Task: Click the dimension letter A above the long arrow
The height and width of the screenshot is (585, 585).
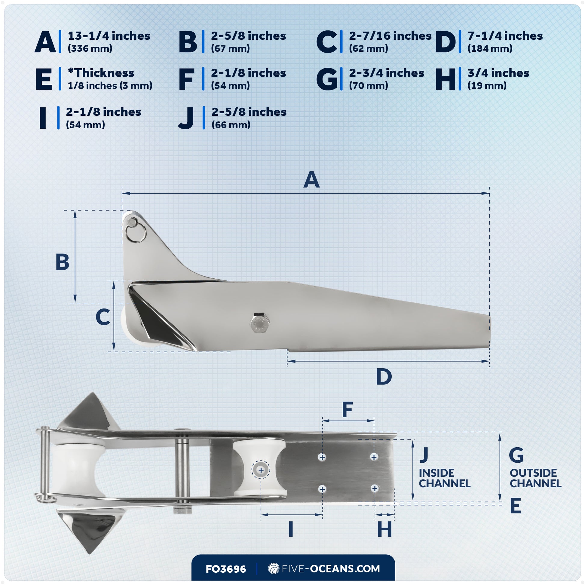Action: pos(311,180)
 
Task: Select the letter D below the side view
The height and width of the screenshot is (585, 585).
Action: pos(384,377)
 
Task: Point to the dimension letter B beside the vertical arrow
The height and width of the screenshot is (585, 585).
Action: pos(62,262)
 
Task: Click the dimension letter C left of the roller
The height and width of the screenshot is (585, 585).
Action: pos(103,317)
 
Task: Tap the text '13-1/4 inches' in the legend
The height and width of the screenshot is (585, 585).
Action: pos(109,36)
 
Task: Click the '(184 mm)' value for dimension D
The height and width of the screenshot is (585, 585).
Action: pos(490,48)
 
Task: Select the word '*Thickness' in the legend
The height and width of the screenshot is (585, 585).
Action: pos(101,73)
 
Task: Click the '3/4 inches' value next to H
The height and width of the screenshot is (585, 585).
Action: pos(498,73)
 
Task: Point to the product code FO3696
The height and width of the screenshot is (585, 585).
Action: pos(225,569)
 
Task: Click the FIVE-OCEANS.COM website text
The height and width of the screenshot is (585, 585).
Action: pos(330,569)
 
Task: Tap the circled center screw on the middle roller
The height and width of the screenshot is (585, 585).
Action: pos(261,470)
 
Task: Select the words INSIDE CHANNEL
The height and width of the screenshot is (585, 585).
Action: pos(444,478)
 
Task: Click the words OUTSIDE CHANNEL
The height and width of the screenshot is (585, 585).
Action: pos(535,478)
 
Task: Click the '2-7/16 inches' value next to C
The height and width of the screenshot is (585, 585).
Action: pos(390,36)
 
